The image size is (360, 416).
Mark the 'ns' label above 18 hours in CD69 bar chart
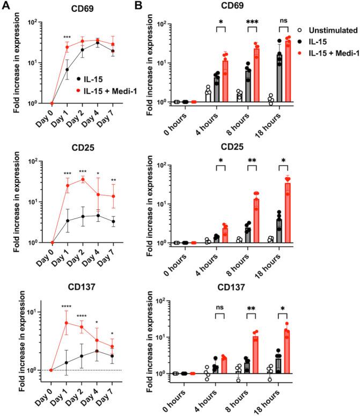pos(285,23)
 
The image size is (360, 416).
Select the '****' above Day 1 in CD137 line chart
pos(67,308)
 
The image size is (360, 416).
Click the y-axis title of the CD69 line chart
pos(12,63)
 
